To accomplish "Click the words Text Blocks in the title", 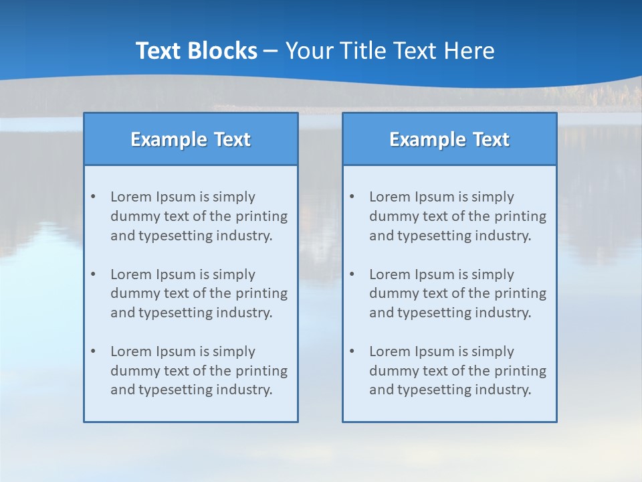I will [196, 51].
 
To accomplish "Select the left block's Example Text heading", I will [191, 139].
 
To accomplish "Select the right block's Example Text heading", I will [449, 139].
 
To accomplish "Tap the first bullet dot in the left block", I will [93, 197].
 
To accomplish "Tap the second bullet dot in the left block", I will [93, 274].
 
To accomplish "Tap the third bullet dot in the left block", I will [93, 351].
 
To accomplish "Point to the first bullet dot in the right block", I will [352, 197].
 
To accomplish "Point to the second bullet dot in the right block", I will [352, 274].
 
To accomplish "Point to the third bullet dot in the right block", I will [352, 351].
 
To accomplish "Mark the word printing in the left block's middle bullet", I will [263, 293].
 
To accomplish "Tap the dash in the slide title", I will [271, 51].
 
